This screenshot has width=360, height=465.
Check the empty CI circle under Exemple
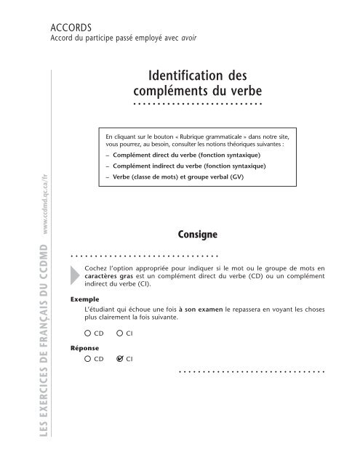[x=120, y=354]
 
